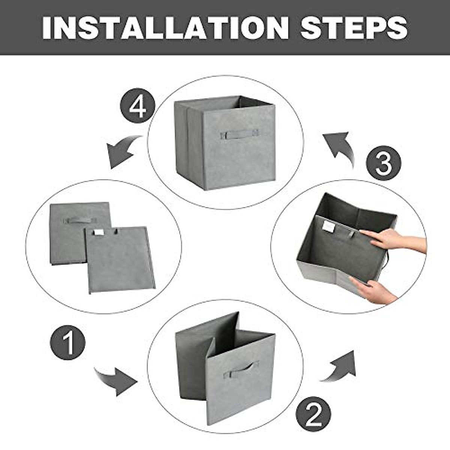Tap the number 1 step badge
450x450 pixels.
click(x=68, y=343)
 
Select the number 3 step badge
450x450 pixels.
click(x=384, y=163)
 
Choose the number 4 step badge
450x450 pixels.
click(x=138, y=106)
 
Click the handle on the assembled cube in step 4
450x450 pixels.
click(x=240, y=134)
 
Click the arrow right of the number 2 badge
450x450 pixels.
click(x=339, y=367)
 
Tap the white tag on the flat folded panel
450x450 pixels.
click(x=99, y=232)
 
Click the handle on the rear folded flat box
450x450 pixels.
click(x=80, y=220)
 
